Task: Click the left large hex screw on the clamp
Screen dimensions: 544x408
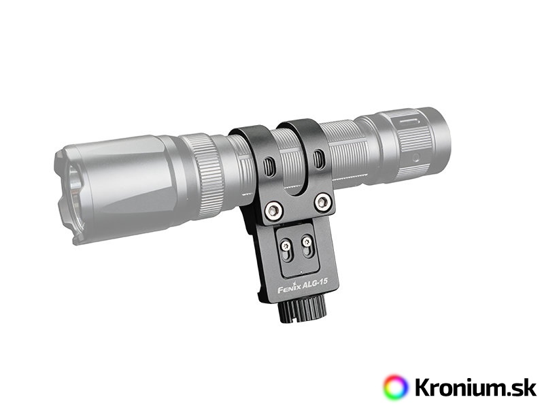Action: pyautogui.click(x=274, y=210)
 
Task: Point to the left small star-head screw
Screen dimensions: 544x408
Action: pyautogui.click(x=286, y=246)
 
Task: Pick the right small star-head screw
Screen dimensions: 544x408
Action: pyautogui.click(x=307, y=241)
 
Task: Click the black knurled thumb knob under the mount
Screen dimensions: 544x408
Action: pyautogui.click(x=302, y=310)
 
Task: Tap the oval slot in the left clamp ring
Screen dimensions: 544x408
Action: pyautogui.click(x=269, y=166)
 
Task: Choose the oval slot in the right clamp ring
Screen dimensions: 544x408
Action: pyautogui.click(x=318, y=158)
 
